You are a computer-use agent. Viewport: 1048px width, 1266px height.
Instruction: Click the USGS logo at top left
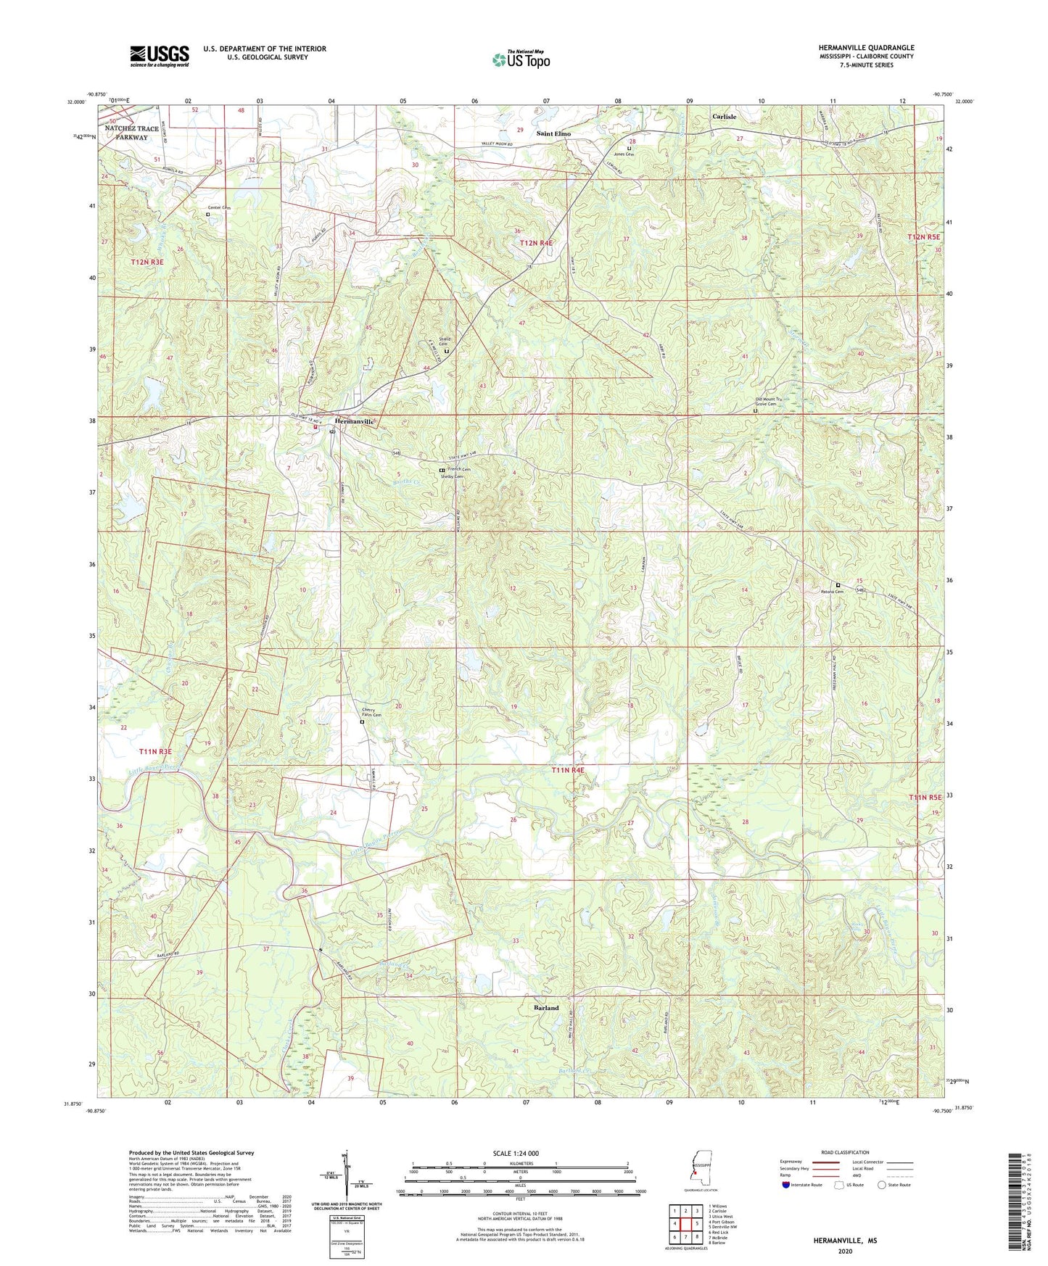click(160, 56)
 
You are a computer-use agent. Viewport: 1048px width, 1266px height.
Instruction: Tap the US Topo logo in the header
click(521, 59)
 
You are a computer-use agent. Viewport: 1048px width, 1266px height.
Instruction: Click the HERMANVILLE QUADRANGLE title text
click(855, 48)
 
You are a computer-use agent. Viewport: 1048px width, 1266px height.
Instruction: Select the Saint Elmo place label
click(553, 133)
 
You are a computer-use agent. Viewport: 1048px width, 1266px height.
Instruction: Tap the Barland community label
click(546, 1008)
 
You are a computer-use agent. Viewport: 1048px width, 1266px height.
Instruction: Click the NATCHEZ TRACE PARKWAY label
click(131, 133)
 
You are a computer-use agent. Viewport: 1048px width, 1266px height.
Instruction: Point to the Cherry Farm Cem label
click(372, 713)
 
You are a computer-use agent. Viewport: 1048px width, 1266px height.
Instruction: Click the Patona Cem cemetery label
click(832, 592)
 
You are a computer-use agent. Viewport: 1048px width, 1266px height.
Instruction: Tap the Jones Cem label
click(624, 154)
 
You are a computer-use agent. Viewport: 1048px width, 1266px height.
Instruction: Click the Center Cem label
click(218, 207)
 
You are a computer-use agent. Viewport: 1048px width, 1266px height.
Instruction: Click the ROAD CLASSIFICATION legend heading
click(846, 1152)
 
